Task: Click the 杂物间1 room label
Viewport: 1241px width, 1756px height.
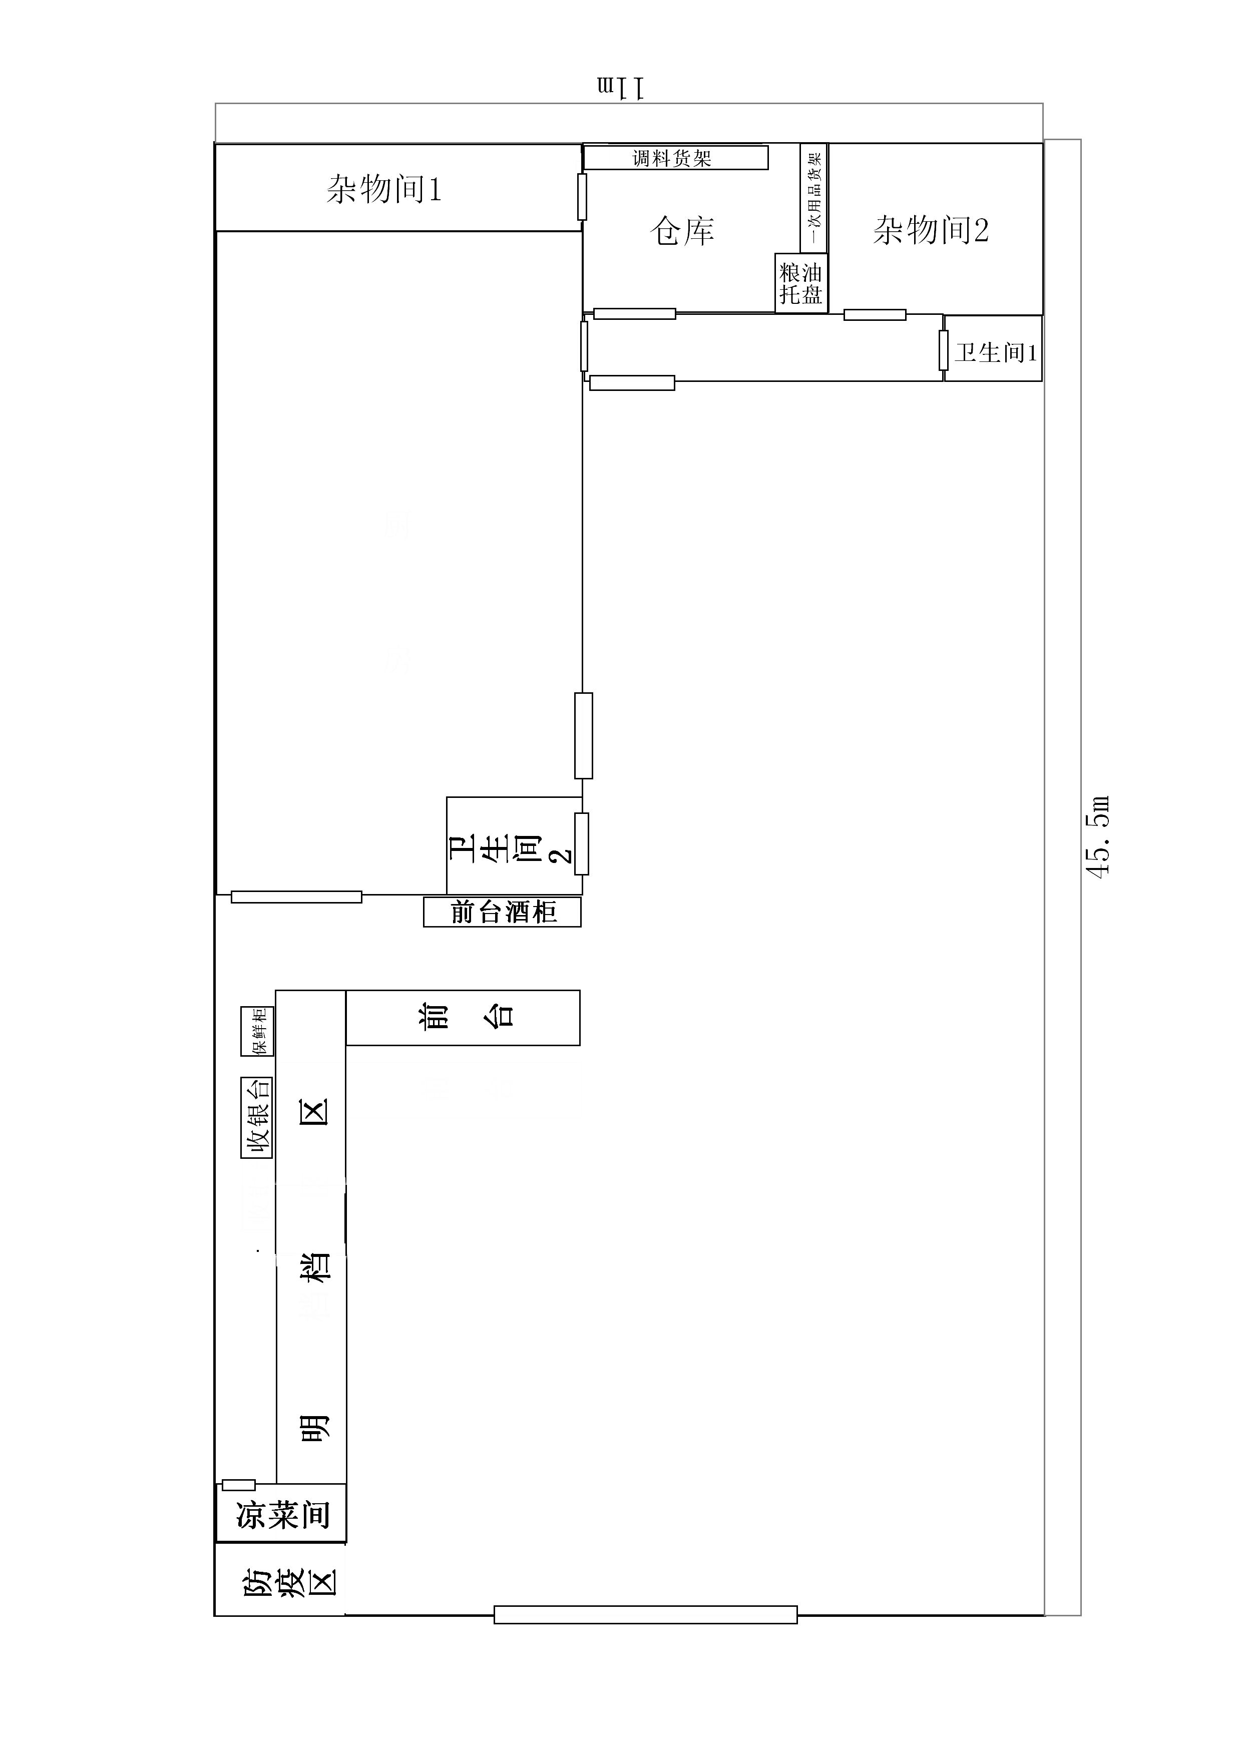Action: coord(384,189)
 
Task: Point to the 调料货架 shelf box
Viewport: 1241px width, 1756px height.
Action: coord(675,158)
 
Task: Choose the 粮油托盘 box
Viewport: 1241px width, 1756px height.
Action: coord(801,283)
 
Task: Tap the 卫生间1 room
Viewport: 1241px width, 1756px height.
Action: coord(993,348)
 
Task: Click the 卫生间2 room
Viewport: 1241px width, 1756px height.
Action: coord(515,845)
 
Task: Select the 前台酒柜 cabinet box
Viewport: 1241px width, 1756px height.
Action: coord(503,912)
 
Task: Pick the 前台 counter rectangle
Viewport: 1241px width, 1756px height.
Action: coord(463,1017)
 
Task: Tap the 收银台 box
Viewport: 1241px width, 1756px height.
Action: coord(257,1117)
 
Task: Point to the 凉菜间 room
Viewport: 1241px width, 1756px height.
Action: coord(281,1514)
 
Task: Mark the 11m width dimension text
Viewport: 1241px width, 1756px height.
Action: coord(622,87)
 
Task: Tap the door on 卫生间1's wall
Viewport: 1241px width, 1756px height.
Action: coord(944,350)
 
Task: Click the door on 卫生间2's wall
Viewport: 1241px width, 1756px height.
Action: coord(582,843)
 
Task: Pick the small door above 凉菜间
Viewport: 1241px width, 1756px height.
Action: coord(239,1485)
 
